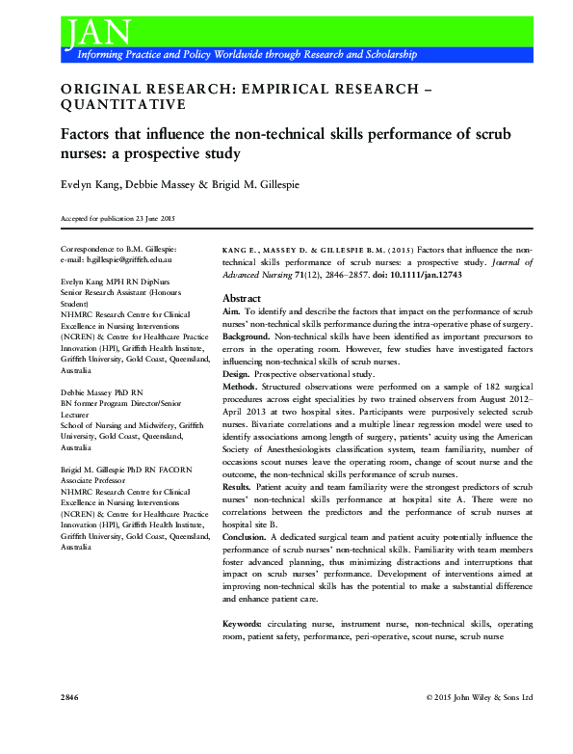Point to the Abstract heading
(243, 298)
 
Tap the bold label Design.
(237, 373)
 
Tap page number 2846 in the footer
(69, 696)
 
